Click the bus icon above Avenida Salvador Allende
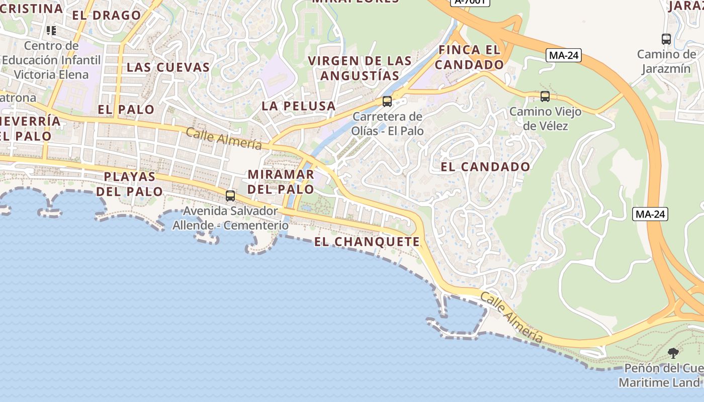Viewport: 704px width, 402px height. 230,196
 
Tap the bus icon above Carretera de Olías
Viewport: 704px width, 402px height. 387,101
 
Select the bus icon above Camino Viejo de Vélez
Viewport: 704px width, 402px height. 545,96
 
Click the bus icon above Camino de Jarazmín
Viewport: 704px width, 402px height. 666,39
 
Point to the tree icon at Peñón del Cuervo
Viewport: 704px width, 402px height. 673,353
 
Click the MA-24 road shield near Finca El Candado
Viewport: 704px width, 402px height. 563,55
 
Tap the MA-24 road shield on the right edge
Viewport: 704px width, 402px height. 650,214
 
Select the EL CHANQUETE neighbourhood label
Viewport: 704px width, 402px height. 367,242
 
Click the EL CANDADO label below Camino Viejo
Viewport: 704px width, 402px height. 485,167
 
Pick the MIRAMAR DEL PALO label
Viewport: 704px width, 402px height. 281,182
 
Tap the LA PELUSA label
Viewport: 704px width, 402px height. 298,106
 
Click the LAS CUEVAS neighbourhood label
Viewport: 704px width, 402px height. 168,67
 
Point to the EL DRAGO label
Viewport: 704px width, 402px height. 106,15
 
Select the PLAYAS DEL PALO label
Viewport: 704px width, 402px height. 130,184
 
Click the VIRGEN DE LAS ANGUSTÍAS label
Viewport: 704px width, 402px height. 360,68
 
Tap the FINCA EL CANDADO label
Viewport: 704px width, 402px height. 469,57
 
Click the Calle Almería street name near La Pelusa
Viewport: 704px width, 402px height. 224,138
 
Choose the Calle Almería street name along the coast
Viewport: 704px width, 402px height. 511,318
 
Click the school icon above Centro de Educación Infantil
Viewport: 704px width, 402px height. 51,31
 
